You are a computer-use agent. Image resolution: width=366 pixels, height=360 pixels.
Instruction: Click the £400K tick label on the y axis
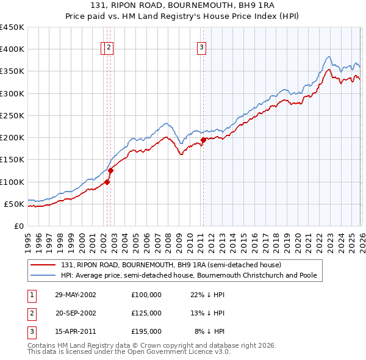pyautogui.click(x=12, y=49)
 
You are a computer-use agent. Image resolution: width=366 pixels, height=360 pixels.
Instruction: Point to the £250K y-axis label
pyautogui.click(x=12, y=115)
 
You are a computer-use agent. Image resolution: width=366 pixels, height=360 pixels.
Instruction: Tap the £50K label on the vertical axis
pyautogui.click(x=15, y=204)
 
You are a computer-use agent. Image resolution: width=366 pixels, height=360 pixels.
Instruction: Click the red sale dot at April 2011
pyautogui.click(x=203, y=140)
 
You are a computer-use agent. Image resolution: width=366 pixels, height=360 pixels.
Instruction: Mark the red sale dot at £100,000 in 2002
pyautogui.click(x=107, y=181)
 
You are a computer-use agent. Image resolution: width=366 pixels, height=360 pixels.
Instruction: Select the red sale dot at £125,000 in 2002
pyautogui.click(x=110, y=170)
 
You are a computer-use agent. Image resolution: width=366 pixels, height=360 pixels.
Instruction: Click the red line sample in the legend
pyautogui.click(x=44, y=265)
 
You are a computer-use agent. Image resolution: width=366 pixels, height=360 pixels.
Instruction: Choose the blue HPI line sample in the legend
pyautogui.click(x=44, y=275)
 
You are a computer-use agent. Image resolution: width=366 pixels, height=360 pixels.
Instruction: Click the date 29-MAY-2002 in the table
pyautogui.click(x=76, y=295)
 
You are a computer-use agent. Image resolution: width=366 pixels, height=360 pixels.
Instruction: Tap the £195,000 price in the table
pyautogui.click(x=146, y=331)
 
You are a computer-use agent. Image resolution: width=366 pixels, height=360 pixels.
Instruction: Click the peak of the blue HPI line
pyautogui.click(x=329, y=57)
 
